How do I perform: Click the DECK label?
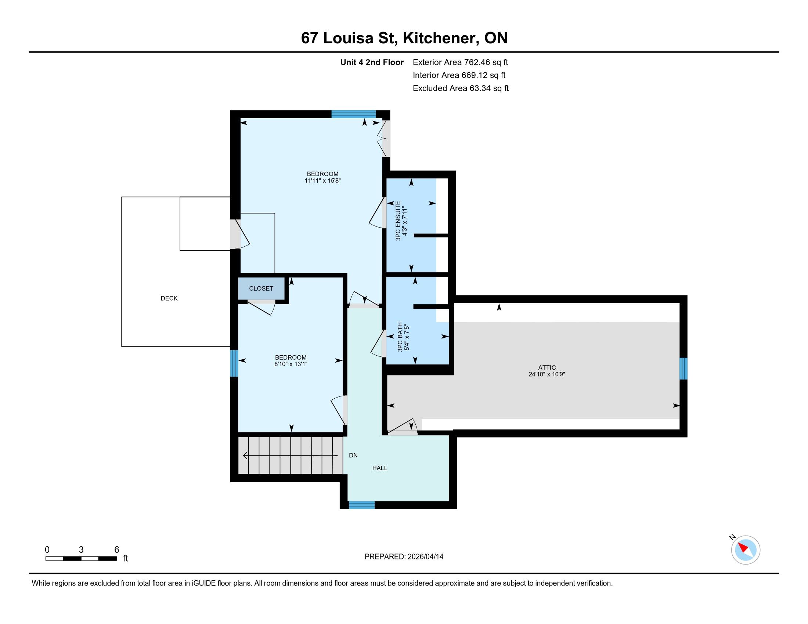pos(169,298)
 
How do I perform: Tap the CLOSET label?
pos(261,289)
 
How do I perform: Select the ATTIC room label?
pos(547,367)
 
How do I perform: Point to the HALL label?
pos(380,468)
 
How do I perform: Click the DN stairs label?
pos(353,456)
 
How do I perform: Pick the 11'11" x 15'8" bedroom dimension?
pos(322,181)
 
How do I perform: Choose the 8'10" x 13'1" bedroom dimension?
pos(291,364)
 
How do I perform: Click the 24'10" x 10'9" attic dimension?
pos(547,374)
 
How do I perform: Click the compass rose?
pos(746,550)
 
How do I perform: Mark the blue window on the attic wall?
pos(684,369)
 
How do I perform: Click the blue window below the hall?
pos(362,505)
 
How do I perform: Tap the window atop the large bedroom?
pos(353,114)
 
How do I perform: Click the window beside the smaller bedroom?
pos(234,363)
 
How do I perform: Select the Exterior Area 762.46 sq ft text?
pos(460,62)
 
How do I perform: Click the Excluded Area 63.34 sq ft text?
pos(461,88)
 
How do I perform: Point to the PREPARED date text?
pos(404,557)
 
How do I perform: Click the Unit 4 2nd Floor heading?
pos(372,62)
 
